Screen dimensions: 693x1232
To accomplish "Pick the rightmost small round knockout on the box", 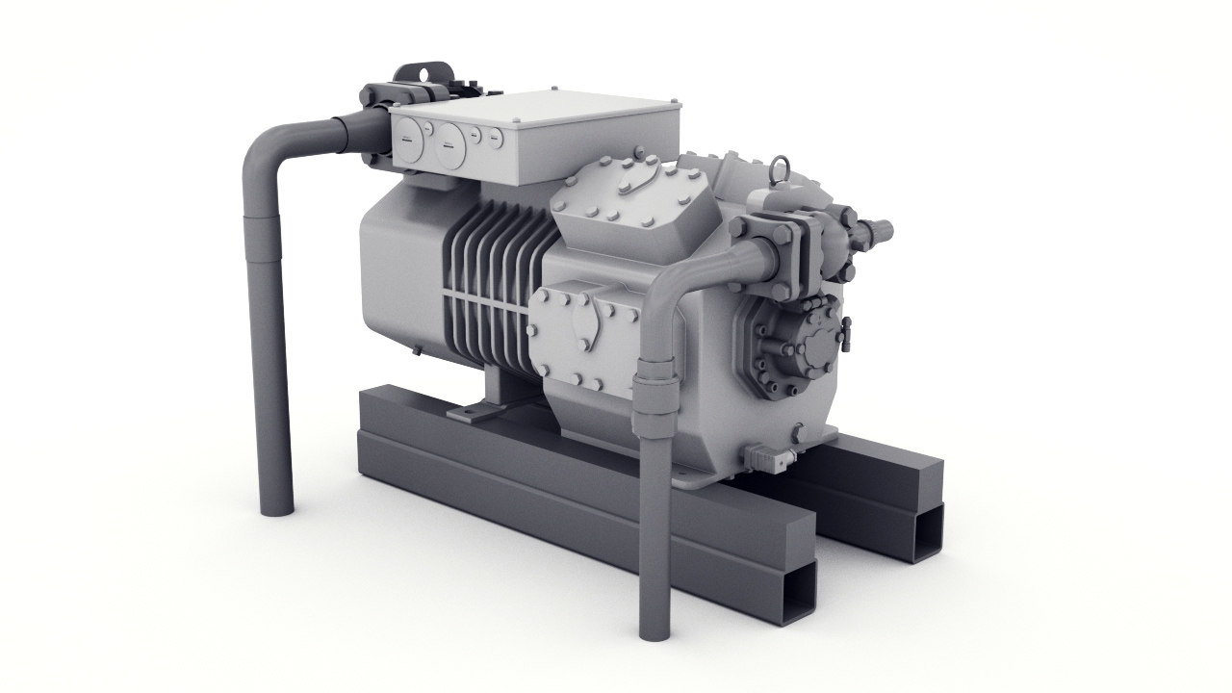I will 493,139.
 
